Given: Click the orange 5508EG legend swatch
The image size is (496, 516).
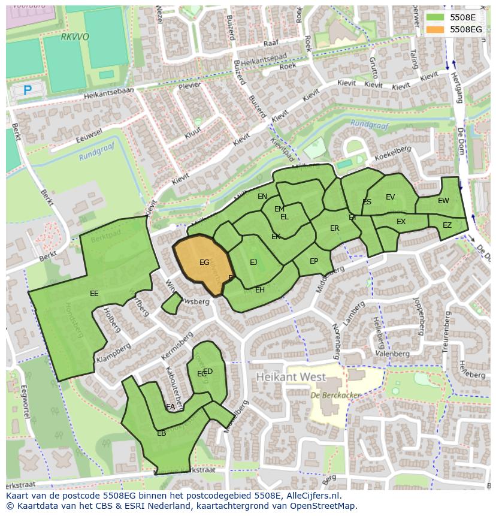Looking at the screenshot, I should [435, 29].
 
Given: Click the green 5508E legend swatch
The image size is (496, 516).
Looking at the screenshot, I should [435, 17].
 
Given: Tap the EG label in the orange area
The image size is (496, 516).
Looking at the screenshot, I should [204, 262].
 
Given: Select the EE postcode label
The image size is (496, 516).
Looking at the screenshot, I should [94, 294].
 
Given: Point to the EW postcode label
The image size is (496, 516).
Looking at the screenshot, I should [443, 201].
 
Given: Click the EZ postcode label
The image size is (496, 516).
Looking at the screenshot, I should [447, 225].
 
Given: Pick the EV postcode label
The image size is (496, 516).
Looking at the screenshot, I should [391, 197].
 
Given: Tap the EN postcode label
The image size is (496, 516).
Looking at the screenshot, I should [262, 197].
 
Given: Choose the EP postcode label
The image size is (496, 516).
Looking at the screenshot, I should [314, 261].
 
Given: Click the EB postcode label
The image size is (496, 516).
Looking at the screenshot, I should [161, 433].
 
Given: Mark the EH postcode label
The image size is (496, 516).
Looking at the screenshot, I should [260, 290].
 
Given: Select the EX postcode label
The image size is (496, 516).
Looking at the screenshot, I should [401, 222].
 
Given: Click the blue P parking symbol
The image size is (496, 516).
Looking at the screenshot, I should [27, 90].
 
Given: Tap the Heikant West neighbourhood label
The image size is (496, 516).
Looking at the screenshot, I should [291, 378].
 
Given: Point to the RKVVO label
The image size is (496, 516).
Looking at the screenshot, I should [75, 37].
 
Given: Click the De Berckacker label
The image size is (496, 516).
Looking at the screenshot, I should [327, 396].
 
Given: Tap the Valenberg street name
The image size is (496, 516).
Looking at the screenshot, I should [392, 354].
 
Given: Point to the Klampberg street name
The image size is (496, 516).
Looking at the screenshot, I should [113, 354].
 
